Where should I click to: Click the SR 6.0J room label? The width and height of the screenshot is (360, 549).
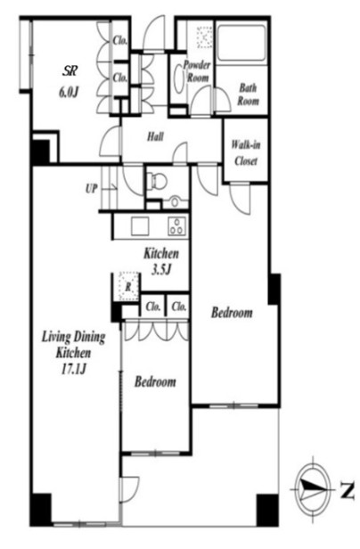click(69, 82)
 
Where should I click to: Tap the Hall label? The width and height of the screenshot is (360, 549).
click(155, 136)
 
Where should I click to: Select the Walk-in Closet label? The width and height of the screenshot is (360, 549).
click(246, 153)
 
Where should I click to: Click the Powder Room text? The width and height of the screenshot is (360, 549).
click(197, 71)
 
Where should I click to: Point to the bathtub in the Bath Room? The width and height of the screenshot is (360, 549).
click(241, 43)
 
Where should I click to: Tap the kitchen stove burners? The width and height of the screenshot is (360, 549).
click(176, 225)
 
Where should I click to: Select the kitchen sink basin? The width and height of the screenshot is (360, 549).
click(140, 226)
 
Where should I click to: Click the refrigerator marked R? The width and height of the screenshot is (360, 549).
click(128, 286)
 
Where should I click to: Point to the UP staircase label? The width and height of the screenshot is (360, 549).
click(91, 189)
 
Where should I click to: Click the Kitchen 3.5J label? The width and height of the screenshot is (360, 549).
click(161, 261)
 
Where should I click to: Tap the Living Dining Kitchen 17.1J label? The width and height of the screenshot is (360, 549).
click(74, 353)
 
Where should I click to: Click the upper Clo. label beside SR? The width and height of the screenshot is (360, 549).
click(120, 40)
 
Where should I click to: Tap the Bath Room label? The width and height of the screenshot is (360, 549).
click(249, 94)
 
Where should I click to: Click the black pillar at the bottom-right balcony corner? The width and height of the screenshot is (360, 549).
click(267, 510)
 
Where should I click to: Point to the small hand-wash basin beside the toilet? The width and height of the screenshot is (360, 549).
click(174, 202)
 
